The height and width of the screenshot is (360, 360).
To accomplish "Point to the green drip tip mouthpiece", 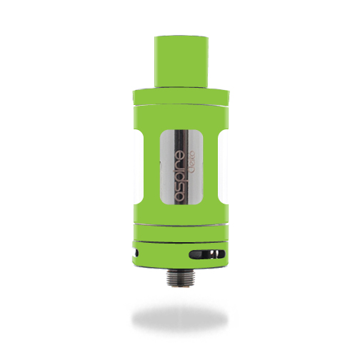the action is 182,61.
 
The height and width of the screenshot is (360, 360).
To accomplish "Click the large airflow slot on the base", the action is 206,254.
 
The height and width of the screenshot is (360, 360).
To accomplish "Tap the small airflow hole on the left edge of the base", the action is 136,253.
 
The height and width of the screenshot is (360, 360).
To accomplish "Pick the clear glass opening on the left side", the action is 138,166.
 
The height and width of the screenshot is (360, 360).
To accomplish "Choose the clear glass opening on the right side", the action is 224,166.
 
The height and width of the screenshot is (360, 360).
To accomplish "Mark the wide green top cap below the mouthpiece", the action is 181,96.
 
